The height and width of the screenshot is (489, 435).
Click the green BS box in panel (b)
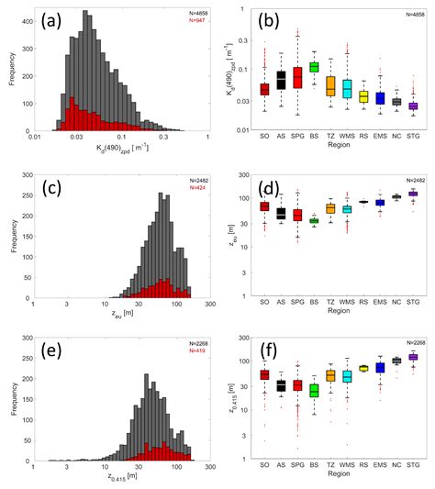[x=314, y=66]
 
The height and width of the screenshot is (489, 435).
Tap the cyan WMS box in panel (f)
[x=347, y=375]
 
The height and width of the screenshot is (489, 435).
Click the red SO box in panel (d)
[x=264, y=206]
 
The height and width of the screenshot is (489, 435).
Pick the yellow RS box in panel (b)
[x=362, y=96]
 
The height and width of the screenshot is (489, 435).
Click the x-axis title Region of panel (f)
[x=338, y=475]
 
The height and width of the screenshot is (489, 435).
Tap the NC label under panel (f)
[x=396, y=464]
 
